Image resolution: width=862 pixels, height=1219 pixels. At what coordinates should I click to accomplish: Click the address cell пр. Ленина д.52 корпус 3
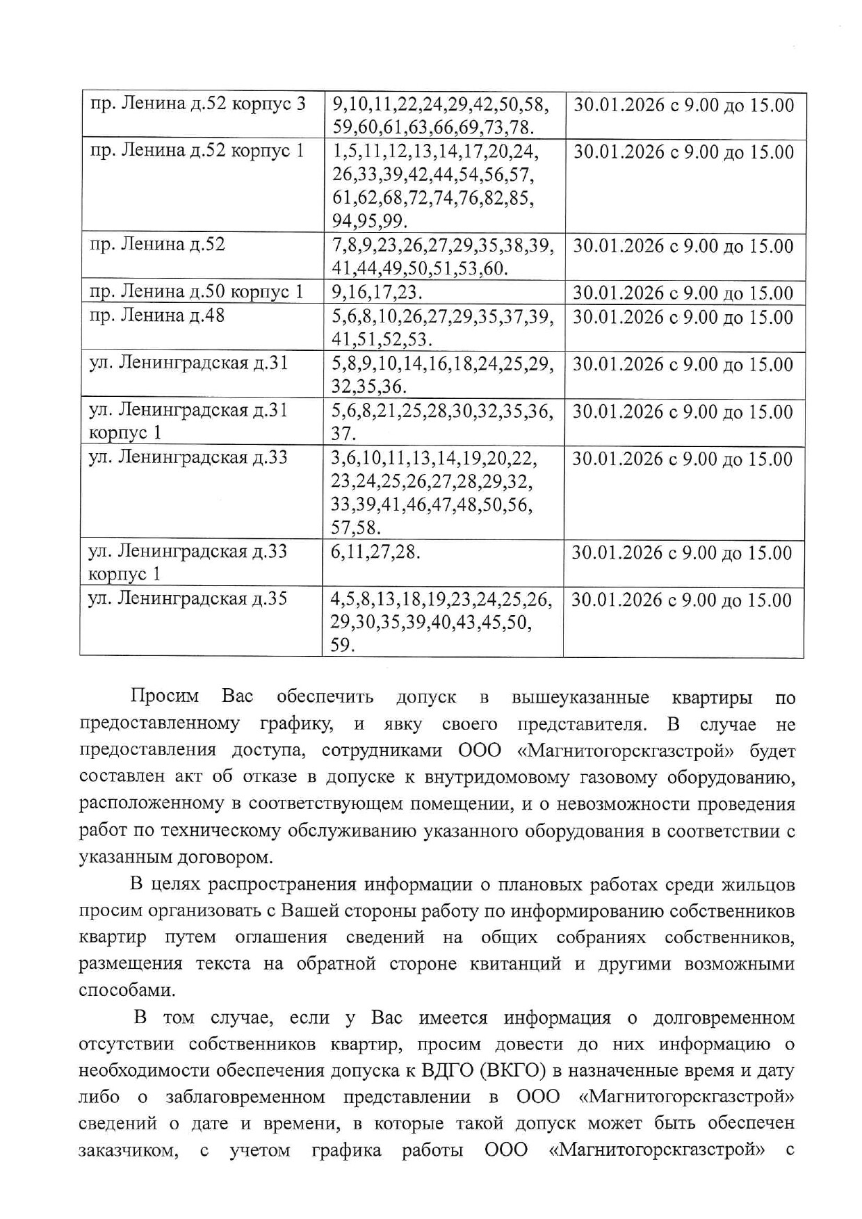tap(198, 105)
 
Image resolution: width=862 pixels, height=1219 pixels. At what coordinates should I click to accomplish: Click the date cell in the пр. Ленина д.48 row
tap(683, 318)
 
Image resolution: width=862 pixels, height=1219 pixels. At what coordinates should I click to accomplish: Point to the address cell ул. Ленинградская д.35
tap(188, 599)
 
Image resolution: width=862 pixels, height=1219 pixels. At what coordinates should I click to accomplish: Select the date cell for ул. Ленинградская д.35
tap(681, 600)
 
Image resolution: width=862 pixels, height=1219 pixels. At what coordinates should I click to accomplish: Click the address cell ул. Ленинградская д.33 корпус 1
tap(188, 562)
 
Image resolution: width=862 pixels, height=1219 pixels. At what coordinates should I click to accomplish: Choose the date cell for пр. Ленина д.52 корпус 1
tap(683, 152)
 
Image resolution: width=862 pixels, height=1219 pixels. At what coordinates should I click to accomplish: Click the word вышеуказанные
tap(580, 697)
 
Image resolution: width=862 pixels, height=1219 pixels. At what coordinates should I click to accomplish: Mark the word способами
tap(127, 990)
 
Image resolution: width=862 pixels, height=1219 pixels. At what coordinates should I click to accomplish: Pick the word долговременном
tap(723, 1018)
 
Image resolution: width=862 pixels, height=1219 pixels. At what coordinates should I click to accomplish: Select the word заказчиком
tap(128, 1150)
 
